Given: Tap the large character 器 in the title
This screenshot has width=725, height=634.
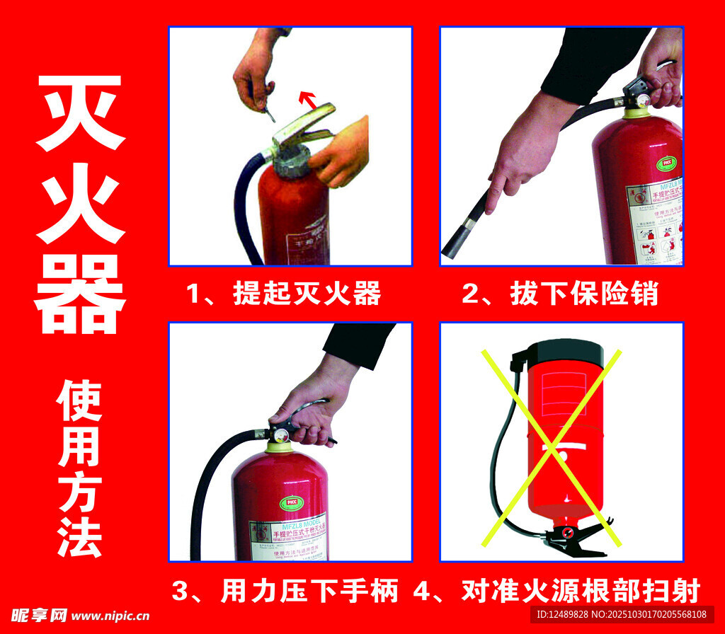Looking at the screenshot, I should [x=80, y=295].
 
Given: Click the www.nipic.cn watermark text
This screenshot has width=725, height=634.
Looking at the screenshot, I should [x=110, y=615].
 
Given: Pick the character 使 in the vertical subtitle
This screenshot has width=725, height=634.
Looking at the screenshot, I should [x=80, y=402].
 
